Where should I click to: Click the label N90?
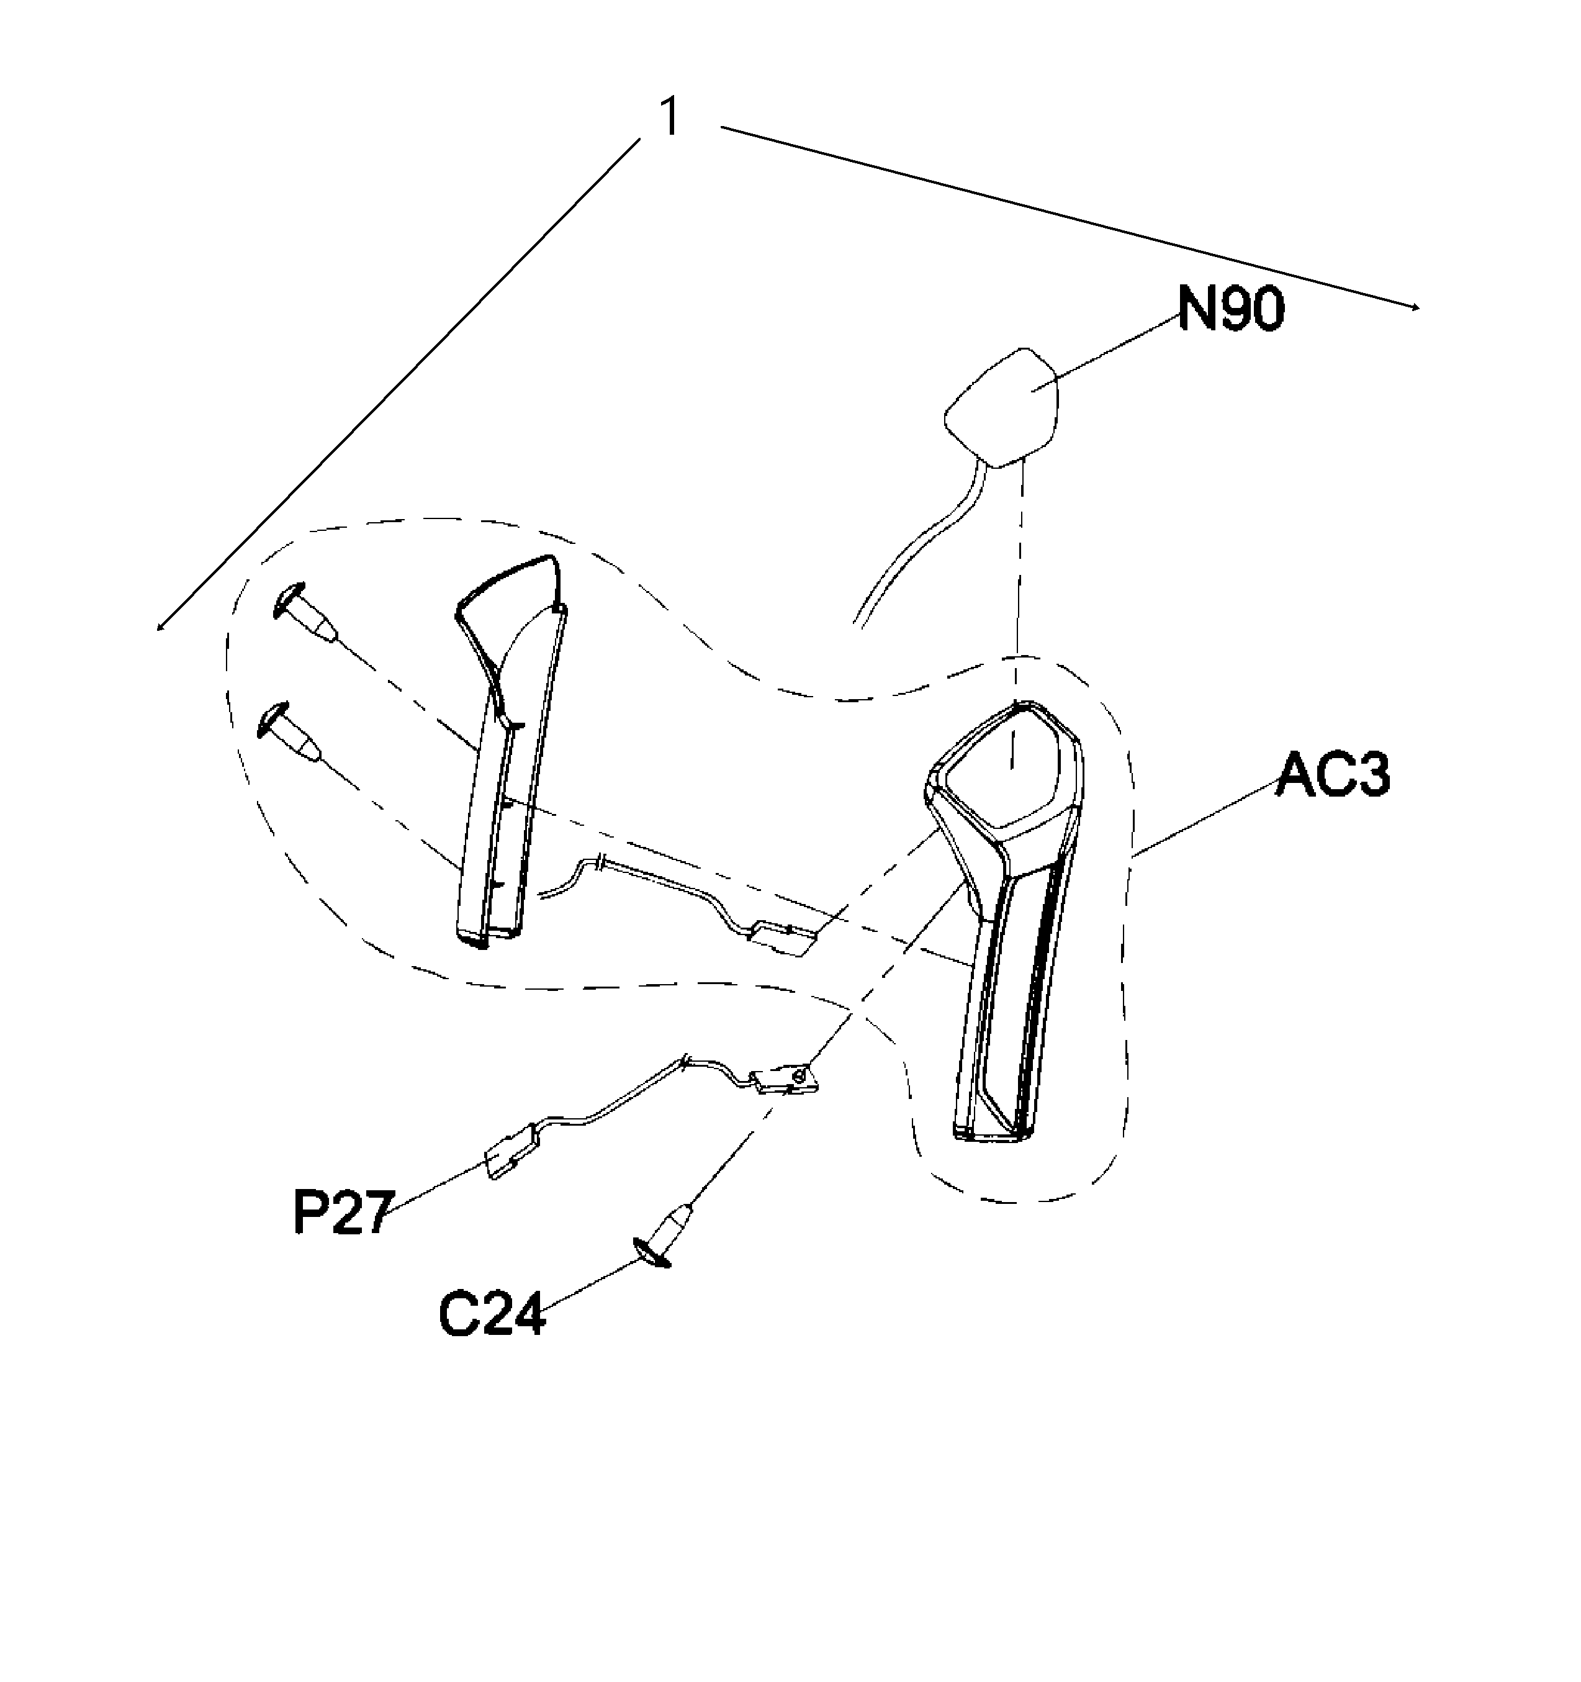[x=1231, y=310]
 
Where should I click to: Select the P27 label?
[x=340, y=1213]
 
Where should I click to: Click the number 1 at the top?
[x=669, y=117]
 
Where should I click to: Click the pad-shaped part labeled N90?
[x=1002, y=407]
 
